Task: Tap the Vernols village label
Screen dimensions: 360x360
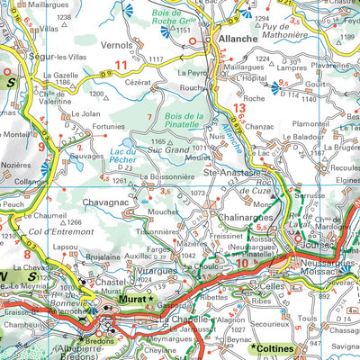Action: (x=117, y=44)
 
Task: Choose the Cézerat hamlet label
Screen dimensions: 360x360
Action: (x=139, y=80)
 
